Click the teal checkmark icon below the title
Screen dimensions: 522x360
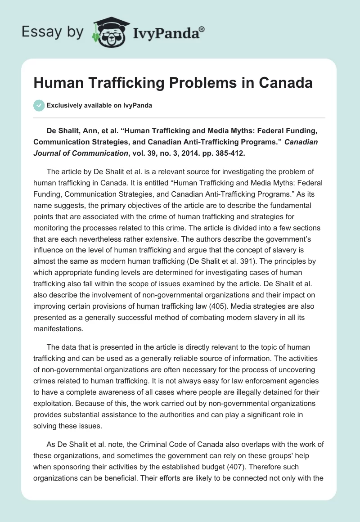[39, 105]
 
